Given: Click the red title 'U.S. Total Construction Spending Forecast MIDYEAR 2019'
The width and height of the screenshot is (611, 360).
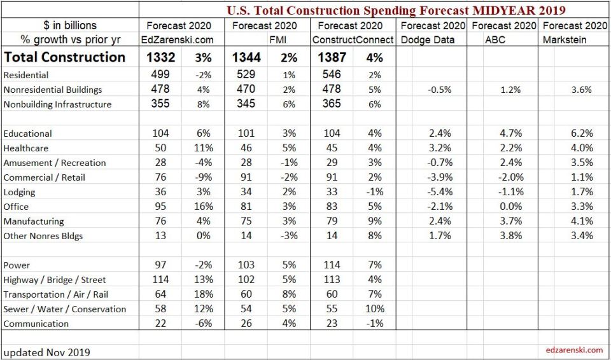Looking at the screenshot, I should click(x=397, y=10).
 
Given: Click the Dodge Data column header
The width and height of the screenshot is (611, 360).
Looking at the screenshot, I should click(x=428, y=40).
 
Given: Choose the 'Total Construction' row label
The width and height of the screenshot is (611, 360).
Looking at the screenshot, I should click(x=64, y=57).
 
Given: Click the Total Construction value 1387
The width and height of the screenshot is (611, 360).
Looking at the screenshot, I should click(x=331, y=57).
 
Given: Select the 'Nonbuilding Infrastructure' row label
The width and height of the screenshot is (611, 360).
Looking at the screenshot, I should click(x=57, y=104).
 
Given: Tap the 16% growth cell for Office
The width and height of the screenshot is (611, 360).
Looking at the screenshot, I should click(x=203, y=207).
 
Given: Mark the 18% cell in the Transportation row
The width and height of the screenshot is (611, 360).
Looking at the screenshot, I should click(x=203, y=294).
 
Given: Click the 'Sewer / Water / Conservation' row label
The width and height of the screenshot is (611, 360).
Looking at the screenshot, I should click(x=64, y=309).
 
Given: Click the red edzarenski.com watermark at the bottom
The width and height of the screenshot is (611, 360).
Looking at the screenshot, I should click(x=574, y=350).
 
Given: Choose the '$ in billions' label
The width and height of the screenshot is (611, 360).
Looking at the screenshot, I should click(x=70, y=25).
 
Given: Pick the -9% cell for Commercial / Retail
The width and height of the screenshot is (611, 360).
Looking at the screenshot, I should click(x=203, y=177).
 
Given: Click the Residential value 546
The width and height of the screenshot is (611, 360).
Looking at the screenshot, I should click(x=331, y=74).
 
